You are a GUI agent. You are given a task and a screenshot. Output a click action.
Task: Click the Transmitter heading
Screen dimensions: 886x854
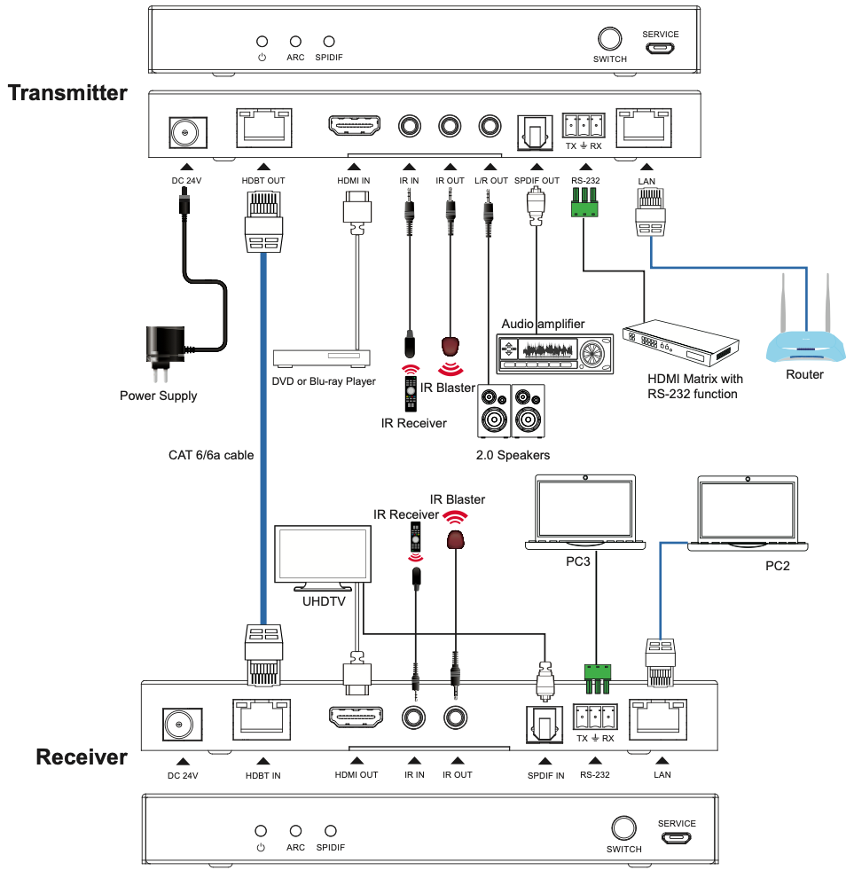click(x=67, y=93)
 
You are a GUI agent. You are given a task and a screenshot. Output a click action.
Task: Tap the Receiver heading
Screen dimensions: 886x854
click(x=82, y=757)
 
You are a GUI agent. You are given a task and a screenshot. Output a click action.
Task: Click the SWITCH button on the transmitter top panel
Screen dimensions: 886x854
click(x=609, y=39)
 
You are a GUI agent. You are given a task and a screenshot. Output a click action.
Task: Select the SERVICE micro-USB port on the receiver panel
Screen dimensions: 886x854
click(x=676, y=838)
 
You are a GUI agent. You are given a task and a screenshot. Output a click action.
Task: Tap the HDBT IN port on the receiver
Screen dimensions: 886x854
click(x=262, y=719)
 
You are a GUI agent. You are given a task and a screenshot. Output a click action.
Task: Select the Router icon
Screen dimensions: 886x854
click(x=804, y=333)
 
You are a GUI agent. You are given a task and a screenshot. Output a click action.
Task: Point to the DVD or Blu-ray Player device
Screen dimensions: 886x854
click(x=324, y=357)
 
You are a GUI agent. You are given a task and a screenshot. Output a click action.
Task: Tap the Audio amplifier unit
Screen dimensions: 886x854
click(x=551, y=352)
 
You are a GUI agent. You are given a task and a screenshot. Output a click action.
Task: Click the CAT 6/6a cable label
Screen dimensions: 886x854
click(x=211, y=455)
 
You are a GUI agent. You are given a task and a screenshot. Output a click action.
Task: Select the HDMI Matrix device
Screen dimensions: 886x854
click(x=681, y=342)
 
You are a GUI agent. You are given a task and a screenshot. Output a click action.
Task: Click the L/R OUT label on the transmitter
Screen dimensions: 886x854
click(x=490, y=181)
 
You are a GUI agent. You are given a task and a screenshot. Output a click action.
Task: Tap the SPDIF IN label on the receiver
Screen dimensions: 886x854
click(x=545, y=774)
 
